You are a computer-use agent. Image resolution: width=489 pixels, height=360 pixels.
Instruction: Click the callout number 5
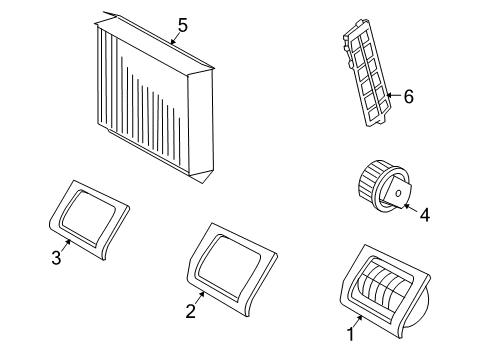[x=183, y=25]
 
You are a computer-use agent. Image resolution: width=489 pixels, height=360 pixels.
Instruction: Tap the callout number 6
[x=409, y=97]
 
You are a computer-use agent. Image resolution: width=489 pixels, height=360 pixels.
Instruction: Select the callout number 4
[x=424, y=215]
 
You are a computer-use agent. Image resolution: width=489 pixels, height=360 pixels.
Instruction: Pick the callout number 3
[x=56, y=258]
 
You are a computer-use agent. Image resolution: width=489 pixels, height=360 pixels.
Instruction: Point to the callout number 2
[x=190, y=311]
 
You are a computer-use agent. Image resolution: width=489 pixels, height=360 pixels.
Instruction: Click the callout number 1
[x=350, y=334]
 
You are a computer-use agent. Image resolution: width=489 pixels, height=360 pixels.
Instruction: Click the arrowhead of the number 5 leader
[x=172, y=42]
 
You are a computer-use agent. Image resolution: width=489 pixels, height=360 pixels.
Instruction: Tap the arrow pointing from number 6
[x=394, y=95]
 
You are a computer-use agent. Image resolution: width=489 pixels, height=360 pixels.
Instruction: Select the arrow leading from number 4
[x=411, y=208]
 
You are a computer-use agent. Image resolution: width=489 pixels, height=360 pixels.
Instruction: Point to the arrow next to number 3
[x=66, y=246]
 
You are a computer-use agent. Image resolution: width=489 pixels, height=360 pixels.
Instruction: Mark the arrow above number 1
[x=358, y=321]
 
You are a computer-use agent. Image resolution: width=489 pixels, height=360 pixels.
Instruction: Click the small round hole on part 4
[x=398, y=193]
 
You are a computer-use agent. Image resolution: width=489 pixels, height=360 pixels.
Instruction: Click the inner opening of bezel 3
[x=88, y=217]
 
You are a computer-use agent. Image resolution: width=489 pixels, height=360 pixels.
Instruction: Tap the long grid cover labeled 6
[x=367, y=72]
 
